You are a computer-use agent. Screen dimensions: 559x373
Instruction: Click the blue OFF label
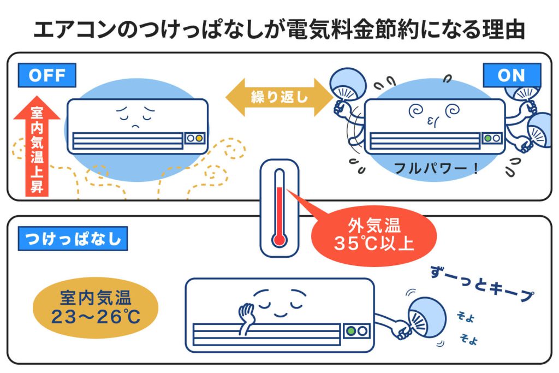tap(47, 75)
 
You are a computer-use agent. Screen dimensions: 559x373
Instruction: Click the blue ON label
tap(512, 75)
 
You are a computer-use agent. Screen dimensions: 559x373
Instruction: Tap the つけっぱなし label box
tap(73, 239)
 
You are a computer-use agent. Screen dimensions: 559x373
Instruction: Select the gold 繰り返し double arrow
tap(279, 97)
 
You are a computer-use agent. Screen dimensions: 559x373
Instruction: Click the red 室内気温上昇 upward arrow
tap(37, 146)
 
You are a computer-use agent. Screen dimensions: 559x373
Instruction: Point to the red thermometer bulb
tap(279, 240)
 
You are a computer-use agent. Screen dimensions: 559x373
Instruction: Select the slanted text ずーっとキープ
tap(482, 283)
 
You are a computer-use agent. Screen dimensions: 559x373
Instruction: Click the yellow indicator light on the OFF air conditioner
tap(199, 138)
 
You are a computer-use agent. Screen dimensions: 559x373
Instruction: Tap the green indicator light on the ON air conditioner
tap(487, 138)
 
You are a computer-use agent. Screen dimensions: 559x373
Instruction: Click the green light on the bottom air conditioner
tap(351, 331)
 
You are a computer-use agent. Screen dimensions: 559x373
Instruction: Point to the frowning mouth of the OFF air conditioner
tap(135, 126)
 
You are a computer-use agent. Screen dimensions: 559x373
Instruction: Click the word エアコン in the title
tap(74, 29)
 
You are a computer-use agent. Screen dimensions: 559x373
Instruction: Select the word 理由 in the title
tap(503, 29)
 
